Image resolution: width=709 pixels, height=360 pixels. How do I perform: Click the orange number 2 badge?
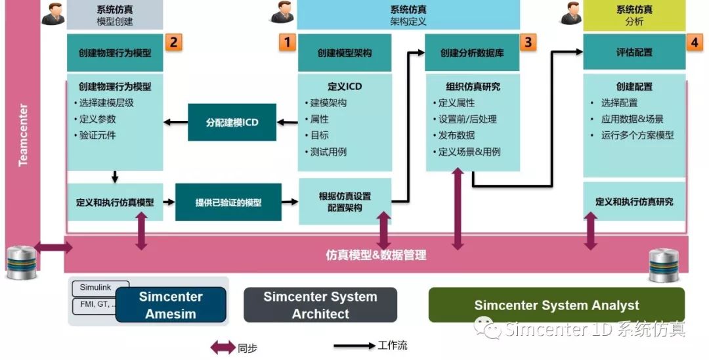pyautogui.click(x=173, y=43)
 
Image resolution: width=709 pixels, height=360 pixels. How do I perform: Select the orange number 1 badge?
pyautogui.click(x=287, y=43)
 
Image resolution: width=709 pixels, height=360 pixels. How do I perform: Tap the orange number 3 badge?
pyautogui.click(x=528, y=43)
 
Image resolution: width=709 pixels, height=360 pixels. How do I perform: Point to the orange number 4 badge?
pyautogui.click(x=694, y=43)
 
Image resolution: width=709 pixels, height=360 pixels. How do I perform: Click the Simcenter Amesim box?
pyautogui.click(x=171, y=305)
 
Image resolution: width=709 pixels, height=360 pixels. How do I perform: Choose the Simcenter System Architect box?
pyautogui.click(x=320, y=305)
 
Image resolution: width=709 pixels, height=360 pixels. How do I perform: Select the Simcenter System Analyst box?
pyautogui.click(x=556, y=305)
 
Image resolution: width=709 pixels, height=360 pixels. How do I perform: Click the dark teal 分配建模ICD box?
pyautogui.click(x=232, y=122)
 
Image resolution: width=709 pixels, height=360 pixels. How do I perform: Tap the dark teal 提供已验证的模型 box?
pyautogui.click(x=228, y=202)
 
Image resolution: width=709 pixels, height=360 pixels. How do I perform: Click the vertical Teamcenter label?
pyautogui.click(x=23, y=135)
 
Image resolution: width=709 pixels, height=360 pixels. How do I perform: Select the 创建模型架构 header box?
pyautogui.click(x=345, y=53)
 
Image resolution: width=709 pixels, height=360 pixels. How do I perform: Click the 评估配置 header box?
pyautogui.click(x=634, y=53)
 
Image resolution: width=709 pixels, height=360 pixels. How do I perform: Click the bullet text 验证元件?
pyautogui.click(x=97, y=135)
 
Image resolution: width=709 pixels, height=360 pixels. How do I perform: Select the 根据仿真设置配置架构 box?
pyautogui.click(x=345, y=202)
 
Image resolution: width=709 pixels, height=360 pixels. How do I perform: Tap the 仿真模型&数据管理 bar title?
pyautogui.click(x=376, y=255)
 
